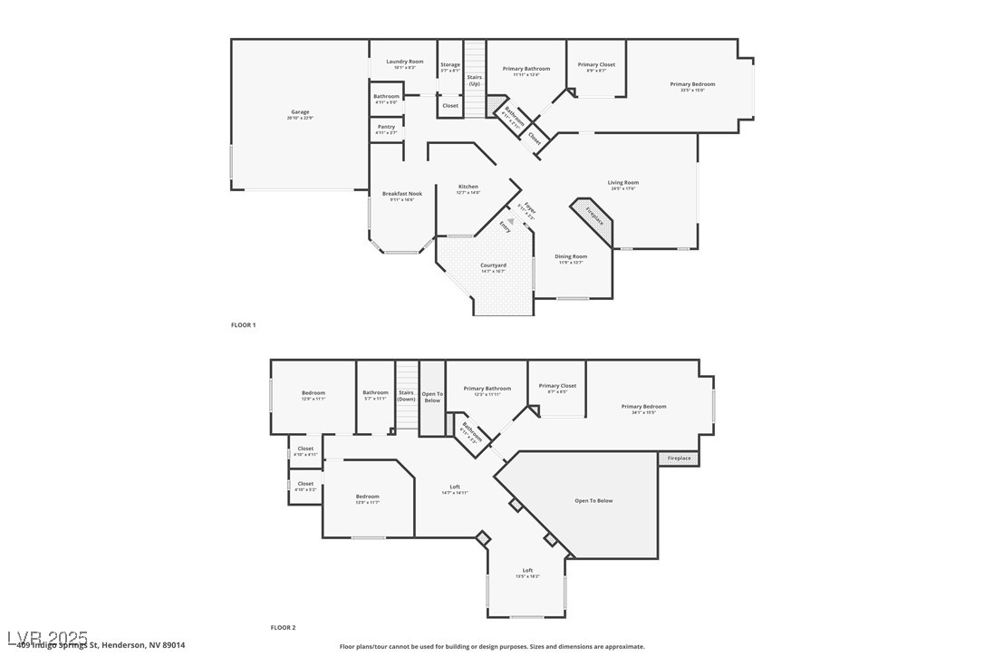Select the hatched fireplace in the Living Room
point(593,217)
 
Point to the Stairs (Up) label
point(475,80)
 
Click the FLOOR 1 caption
point(244,324)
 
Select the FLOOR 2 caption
point(283,627)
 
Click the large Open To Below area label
point(593,500)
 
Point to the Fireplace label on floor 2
point(679,458)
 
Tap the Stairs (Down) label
point(407,395)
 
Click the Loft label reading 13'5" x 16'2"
point(527,573)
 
